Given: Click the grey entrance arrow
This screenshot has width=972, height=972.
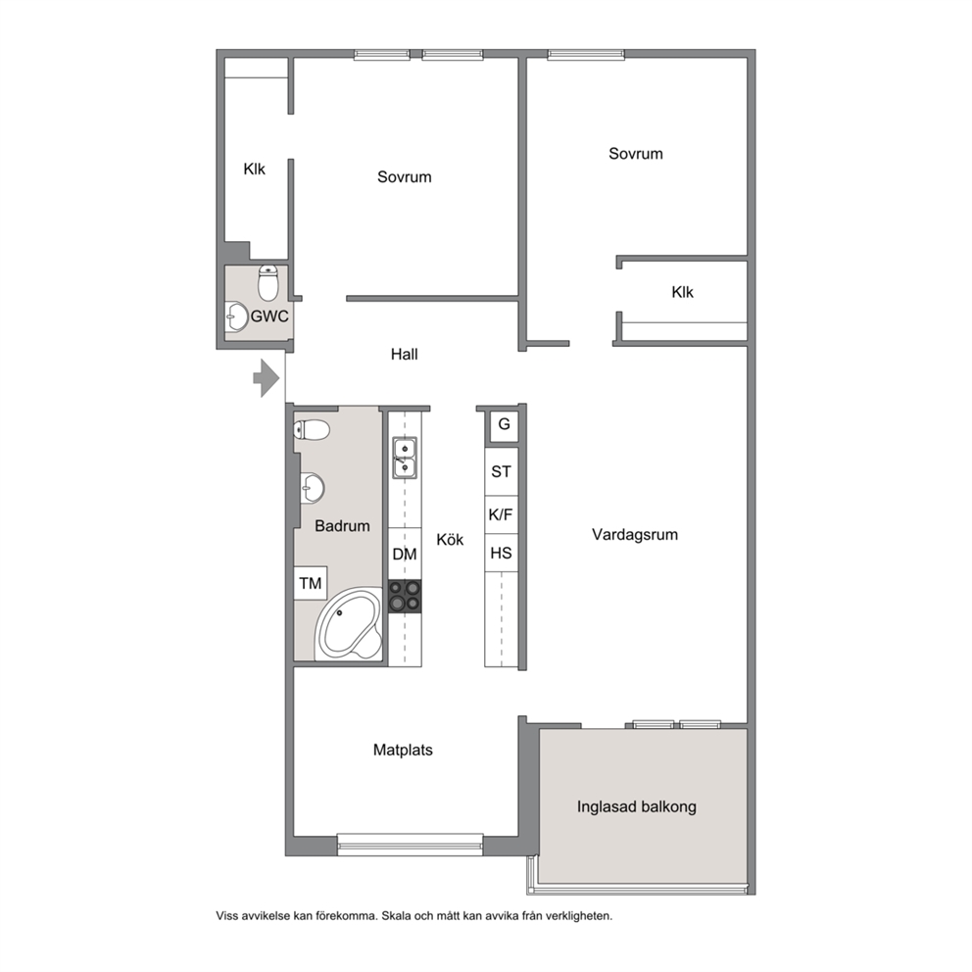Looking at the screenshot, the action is (x=267, y=377).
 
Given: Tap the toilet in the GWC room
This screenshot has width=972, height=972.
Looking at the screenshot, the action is (x=267, y=282).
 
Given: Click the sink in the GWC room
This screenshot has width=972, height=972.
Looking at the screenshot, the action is (x=236, y=316).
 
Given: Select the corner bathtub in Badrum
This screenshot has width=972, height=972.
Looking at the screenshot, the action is (x=349, y=623).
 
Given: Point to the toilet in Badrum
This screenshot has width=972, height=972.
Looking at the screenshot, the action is (x=312, y=429).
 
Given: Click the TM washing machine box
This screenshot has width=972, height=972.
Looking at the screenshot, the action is (x=311, y=583).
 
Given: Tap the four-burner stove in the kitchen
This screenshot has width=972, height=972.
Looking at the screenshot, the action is (x=405, y=597).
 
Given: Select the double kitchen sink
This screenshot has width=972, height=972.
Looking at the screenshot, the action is (x=405, y=458).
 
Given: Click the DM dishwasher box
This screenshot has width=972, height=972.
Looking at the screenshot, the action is (x=405, y=554).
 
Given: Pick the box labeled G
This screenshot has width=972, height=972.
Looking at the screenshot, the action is (x=504, y=424).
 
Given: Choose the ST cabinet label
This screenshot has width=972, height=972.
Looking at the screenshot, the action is (x=501, y=471).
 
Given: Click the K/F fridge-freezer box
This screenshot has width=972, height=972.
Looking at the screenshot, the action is (x=501, y=514).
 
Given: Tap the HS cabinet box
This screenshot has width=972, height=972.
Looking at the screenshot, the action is (x=501, y=553).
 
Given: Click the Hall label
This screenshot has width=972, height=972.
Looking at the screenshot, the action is (x=404, y=355).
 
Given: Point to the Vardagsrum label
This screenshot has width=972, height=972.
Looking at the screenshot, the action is (x=635, y=534).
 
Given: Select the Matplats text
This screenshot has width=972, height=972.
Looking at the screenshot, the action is (x=403, y=751).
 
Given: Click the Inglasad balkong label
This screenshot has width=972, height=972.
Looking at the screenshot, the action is (x=637, y=807).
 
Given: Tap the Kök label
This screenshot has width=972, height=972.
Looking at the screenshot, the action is (x=450, y=539).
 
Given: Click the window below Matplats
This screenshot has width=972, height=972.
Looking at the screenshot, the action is (x=410, y=845).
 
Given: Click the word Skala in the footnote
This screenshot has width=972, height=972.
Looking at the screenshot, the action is (x=396, y=915).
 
